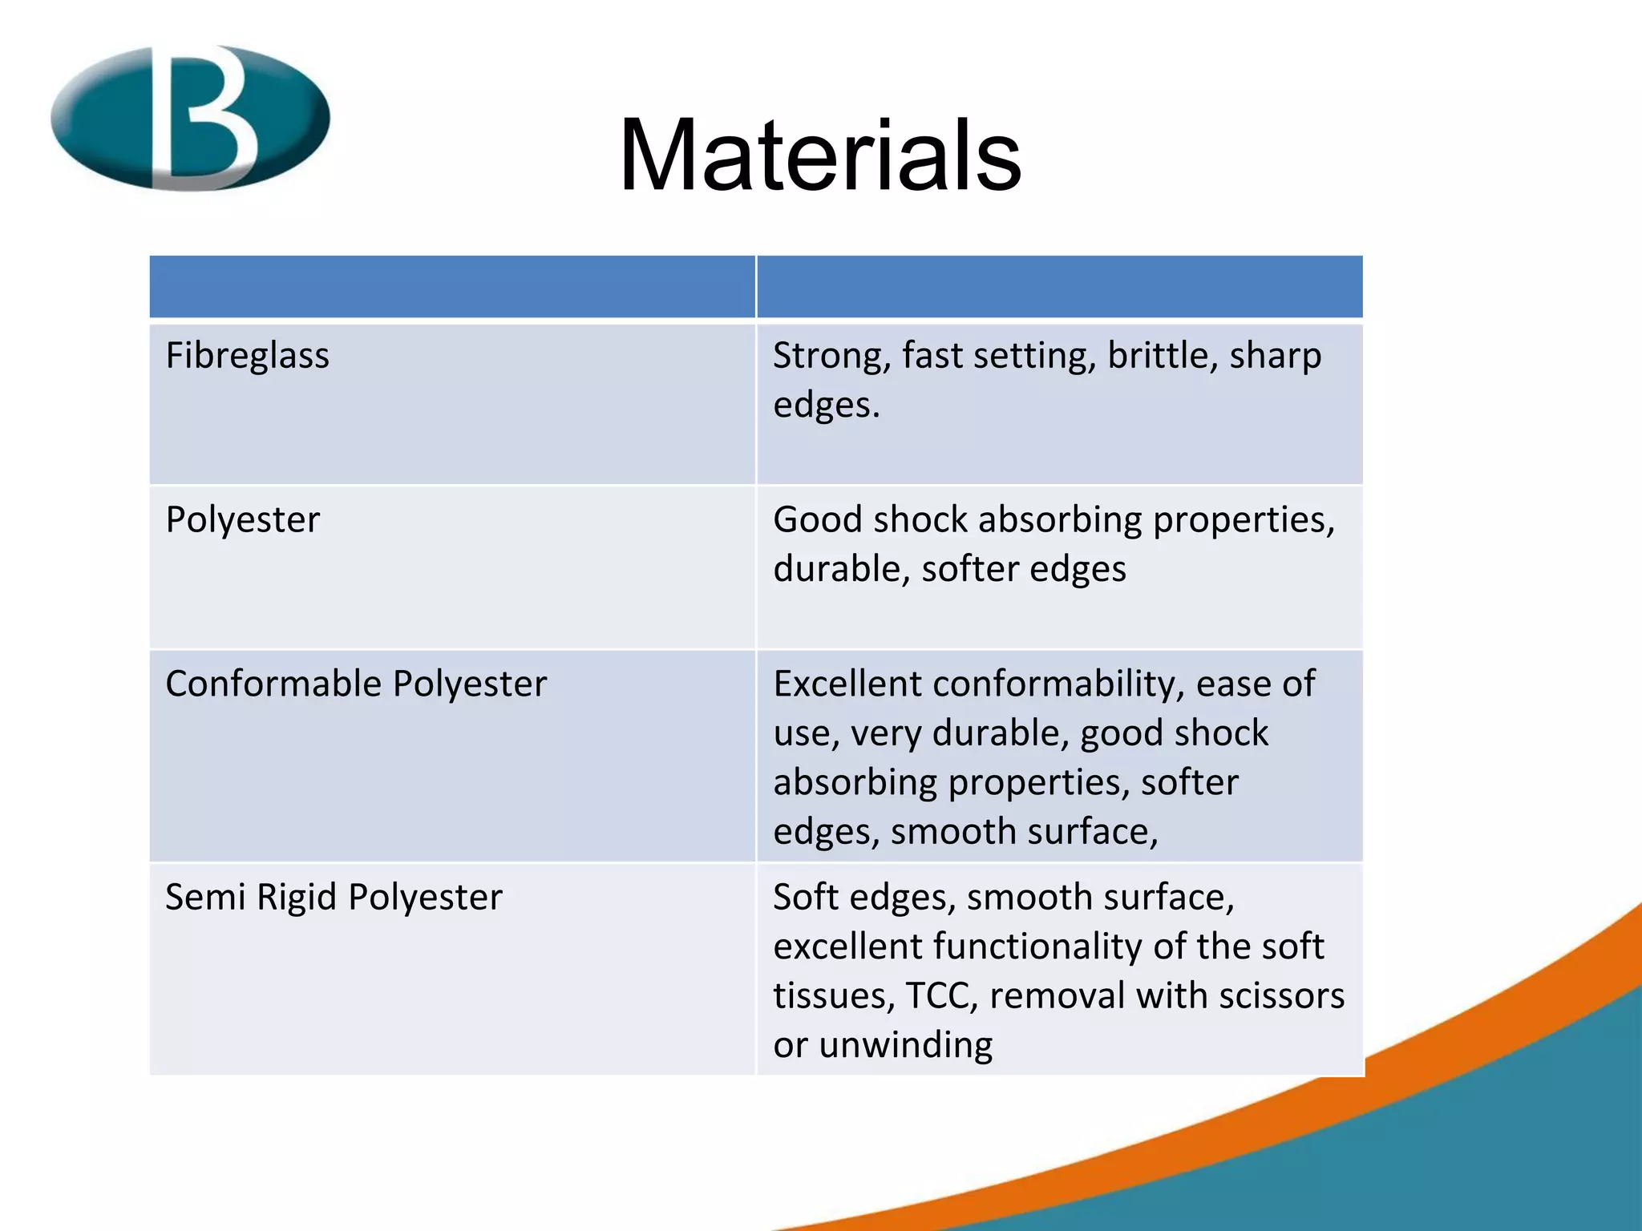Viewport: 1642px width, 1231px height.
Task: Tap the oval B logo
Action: pyautogui.click(x=191, y=118)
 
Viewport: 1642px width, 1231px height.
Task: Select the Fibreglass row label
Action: pyautogui.click(x=247, y=356)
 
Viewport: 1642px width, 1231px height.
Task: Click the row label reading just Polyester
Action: pyautogui.click(x=242, y=520)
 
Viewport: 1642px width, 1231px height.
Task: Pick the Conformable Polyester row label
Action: pyautogui.click(x=356, y=684)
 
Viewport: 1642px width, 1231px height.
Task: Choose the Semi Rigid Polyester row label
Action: pyautogui.click(x=334, y=897)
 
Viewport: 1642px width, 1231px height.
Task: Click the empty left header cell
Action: pyautogui.click(x=452, y=287)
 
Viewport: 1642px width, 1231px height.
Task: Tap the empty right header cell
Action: pyautogui.click(x=1059, y=287)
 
